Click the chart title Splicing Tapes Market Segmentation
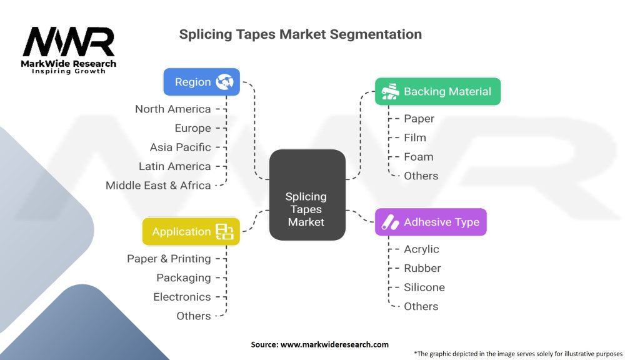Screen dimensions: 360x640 [300, 34]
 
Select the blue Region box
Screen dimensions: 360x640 [201, 82]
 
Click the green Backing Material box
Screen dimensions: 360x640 [437, 92]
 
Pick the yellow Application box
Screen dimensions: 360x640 [191, 231]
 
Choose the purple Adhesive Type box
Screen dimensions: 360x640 [430, 222]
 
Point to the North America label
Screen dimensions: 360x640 [172, 109]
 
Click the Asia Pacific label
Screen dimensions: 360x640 [180, 147]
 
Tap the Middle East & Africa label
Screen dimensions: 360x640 [158, 186]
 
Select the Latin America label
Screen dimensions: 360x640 [174, 166]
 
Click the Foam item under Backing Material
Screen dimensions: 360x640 [418, 157]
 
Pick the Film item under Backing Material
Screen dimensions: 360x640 [414, 137]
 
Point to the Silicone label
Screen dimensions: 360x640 [424, 287]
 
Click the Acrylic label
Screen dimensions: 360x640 [421, 249]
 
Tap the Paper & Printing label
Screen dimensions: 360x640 [169, 259]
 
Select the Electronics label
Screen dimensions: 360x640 [182, 297]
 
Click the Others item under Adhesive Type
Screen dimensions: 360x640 [421, 306]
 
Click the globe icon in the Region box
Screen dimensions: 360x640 [224, 82]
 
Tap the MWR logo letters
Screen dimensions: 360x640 [69, 42]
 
